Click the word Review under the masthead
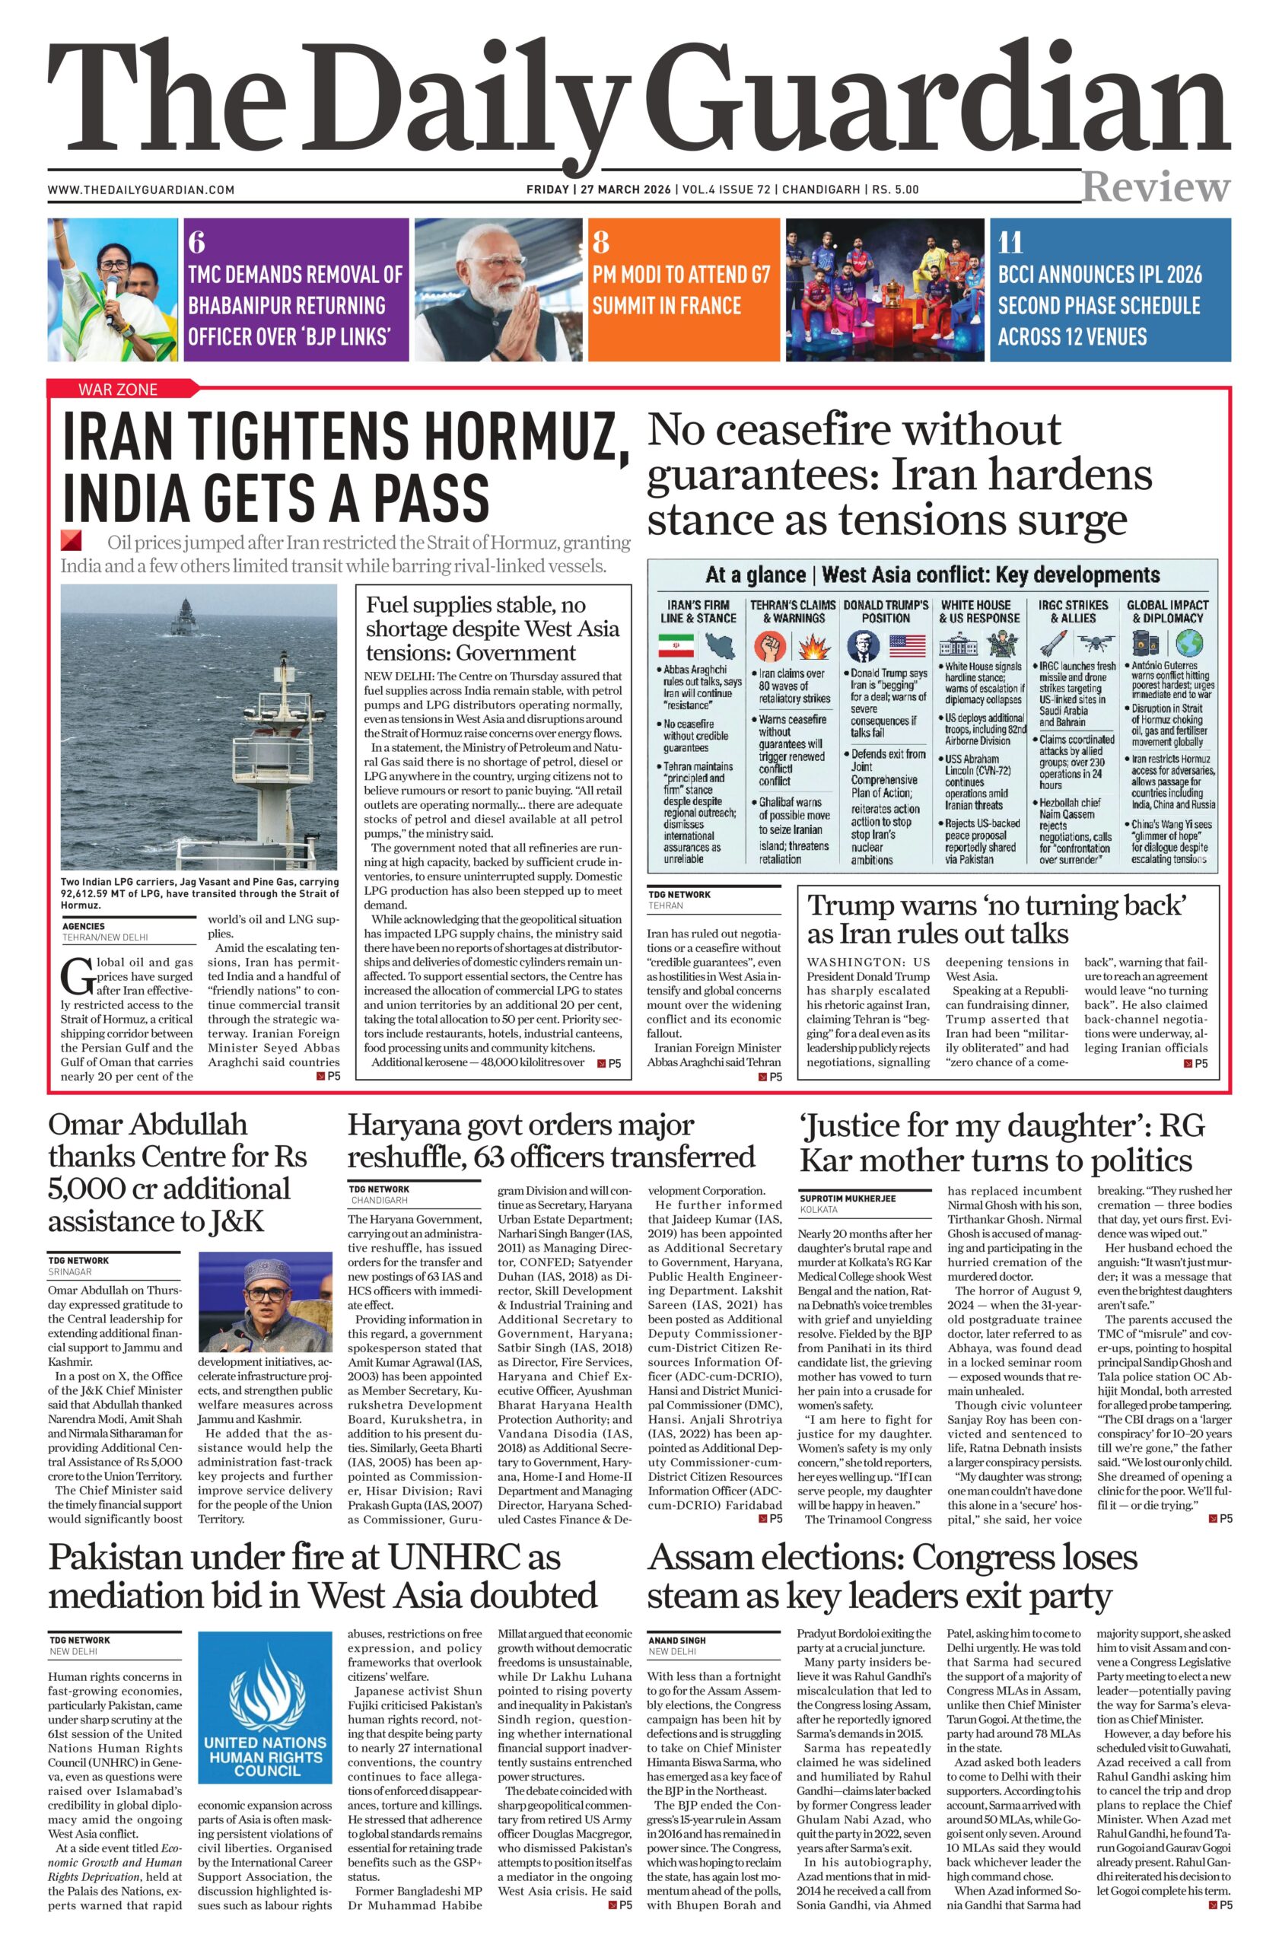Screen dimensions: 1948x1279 [1156, 187]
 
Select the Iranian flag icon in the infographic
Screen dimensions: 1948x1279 [676, 645]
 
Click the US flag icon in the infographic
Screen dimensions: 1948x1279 [906, 645]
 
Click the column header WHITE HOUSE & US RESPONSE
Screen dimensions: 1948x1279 [979, 611]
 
